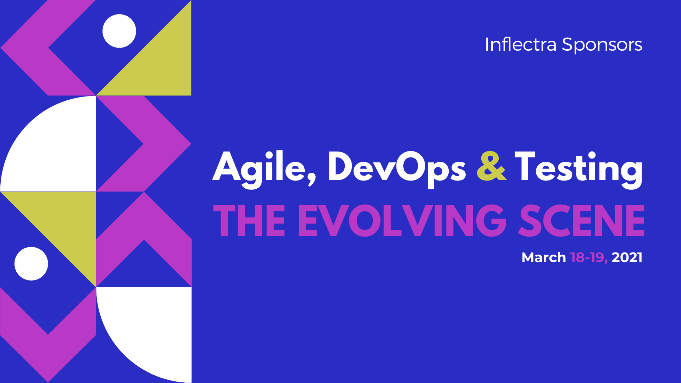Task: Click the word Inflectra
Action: (521, 45)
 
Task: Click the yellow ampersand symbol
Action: (492, 166)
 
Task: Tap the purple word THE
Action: (249, 221)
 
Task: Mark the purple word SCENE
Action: (581, 221)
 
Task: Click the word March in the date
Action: (544, 257)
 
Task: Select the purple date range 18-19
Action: (589, 257)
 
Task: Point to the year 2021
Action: (627, 257)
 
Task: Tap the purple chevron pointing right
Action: (167, 144)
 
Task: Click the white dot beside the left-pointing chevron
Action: (119, 31)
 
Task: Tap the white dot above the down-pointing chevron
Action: (31, 263)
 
